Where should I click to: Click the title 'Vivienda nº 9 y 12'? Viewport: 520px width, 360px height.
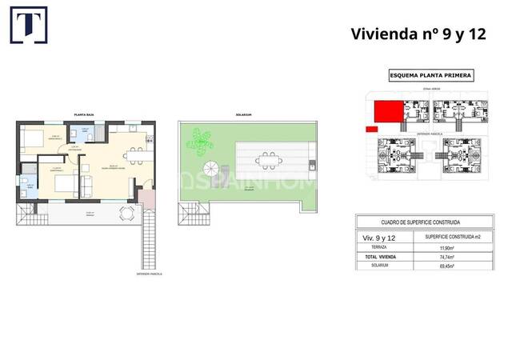click(x=418, y=34)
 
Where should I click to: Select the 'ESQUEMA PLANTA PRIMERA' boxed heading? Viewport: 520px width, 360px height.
click(x=430, y=76)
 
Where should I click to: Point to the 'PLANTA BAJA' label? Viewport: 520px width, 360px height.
click(x=85, y=115)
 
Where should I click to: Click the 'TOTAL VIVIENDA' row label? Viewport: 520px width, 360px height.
click(x=381, y=257)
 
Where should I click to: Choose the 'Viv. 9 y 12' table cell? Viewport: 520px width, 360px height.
click(x=381, y=238)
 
